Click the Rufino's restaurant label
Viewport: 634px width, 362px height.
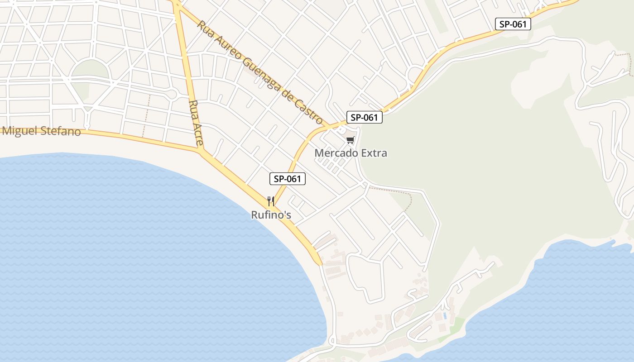click(x=271, y=215)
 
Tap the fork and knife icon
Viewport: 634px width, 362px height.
click(x=271, y=201)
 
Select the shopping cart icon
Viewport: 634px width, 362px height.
click(x=350, y=140)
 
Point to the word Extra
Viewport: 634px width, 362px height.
click(x=374, y=153)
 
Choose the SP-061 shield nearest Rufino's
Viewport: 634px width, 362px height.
click(x=288, y=179)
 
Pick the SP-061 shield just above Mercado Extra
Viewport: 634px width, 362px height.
click(x=365, y=118)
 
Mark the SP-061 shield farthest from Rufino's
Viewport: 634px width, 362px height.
click(x=513, y=24)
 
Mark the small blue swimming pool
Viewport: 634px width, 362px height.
click(x=445, y=315)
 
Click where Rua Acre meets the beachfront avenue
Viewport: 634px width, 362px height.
click(x=201, y=149)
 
